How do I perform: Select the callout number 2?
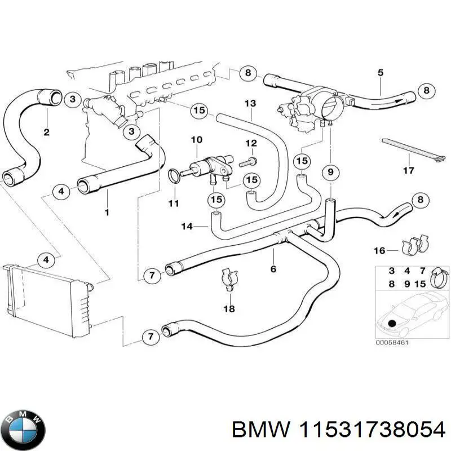[46, 132]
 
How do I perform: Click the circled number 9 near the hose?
[331, 171]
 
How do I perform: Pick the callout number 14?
[187, 227]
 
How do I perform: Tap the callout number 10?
[196, 139]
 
